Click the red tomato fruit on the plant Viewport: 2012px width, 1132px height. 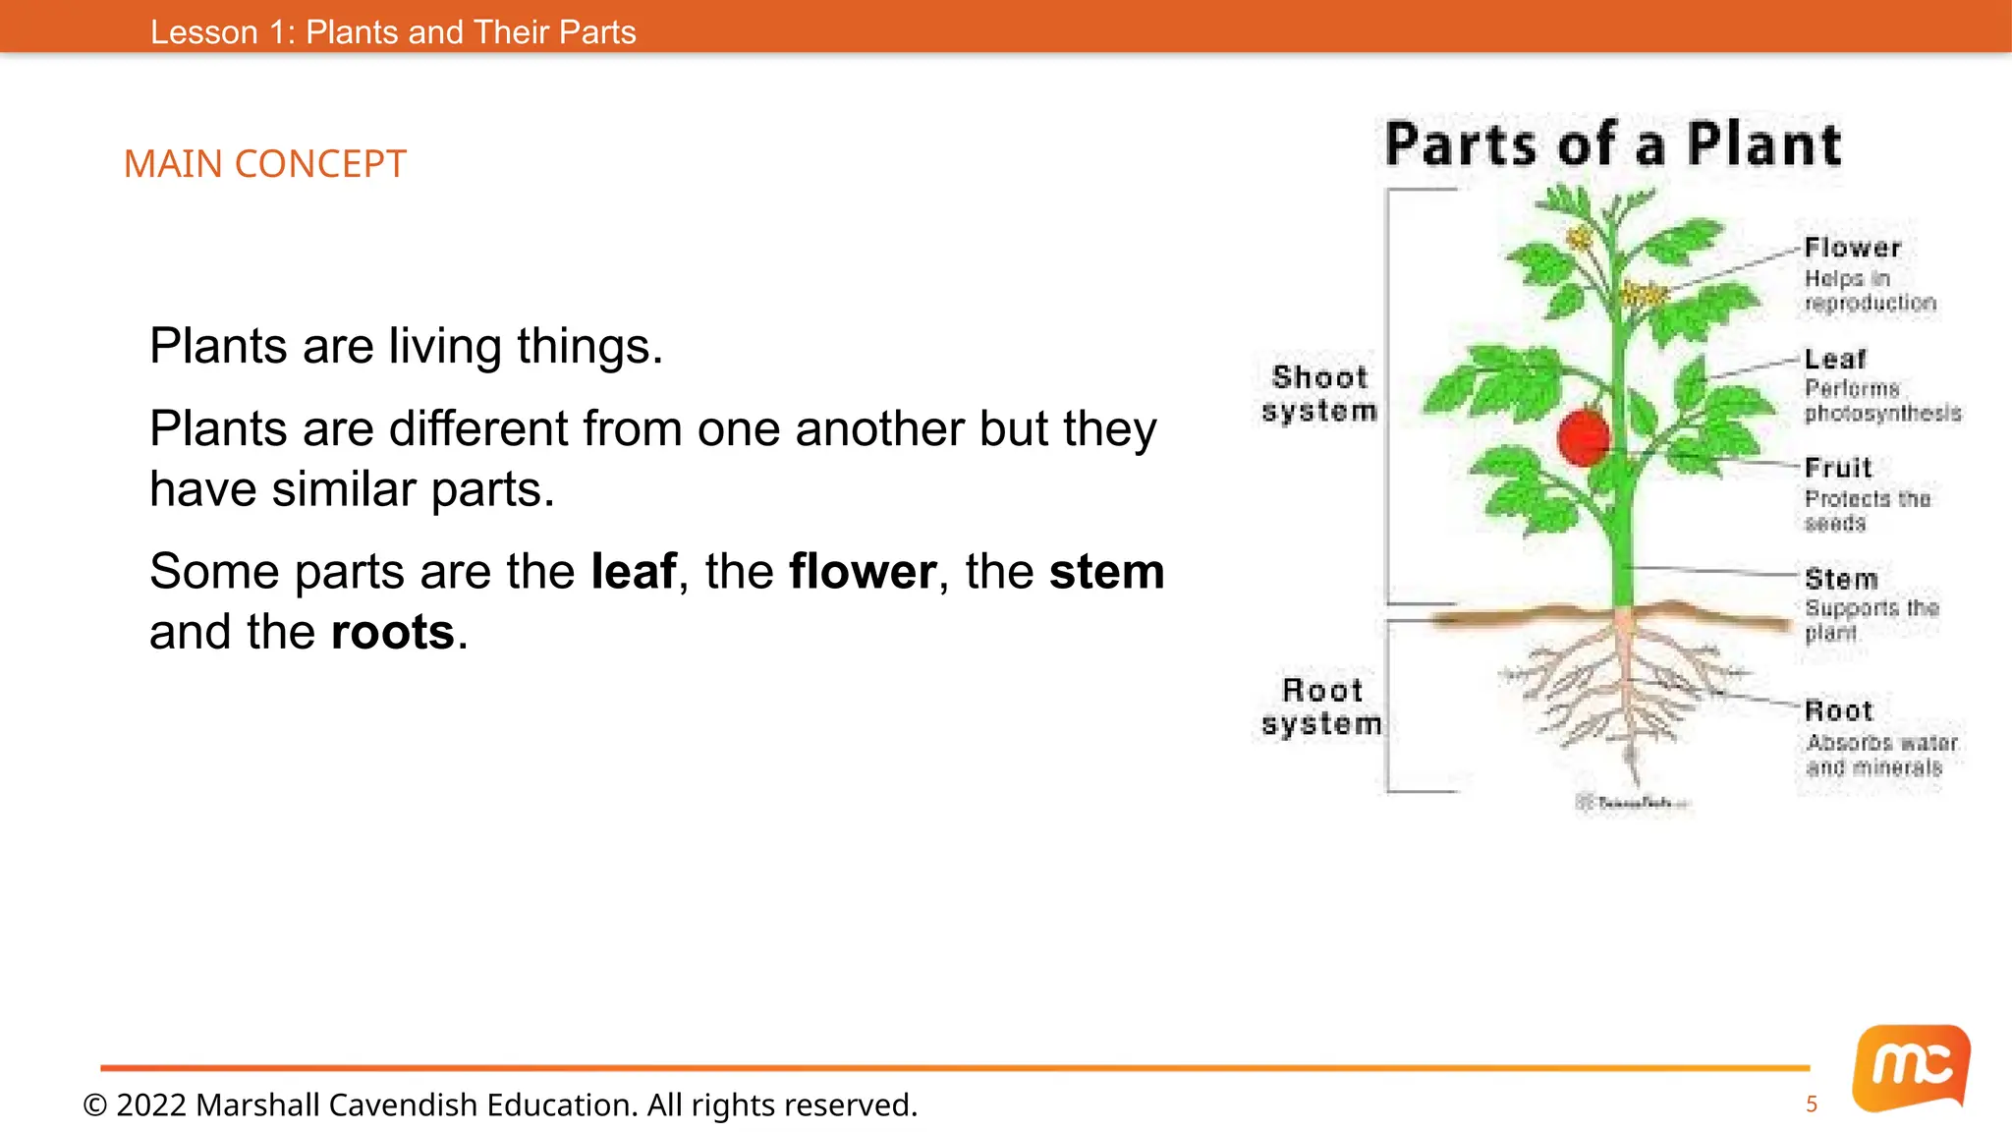(x=1583, y=438)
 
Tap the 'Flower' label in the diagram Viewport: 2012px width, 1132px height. (x=1853, y=248)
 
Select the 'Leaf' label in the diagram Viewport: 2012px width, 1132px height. (x=1835, y=360)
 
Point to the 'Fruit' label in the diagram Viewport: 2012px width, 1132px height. (x=1838, y=468)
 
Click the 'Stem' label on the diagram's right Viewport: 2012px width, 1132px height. (x=1841, y=579)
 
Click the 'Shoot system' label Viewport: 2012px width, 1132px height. (x=1319, y=394)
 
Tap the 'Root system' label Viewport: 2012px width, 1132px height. (x=1322, y=707)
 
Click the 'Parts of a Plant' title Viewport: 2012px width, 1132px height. (x=1613, y=145)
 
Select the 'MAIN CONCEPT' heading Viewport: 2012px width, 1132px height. (x=265, y=164)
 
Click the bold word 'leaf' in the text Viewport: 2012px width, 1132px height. (x=634, y=572)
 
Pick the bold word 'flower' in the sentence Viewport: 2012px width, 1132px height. (x=862, y=572)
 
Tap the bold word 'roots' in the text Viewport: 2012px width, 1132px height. (x=393, y=632)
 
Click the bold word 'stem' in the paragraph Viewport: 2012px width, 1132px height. (x=1106, y=572)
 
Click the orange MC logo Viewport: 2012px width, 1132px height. (x=1911, y=1067)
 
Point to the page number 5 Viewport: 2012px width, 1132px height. (x=1812, y=1104)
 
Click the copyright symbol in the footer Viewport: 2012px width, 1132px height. (x=94, y=1105)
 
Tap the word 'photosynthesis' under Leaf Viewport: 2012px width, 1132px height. (x=1882, y=414)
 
